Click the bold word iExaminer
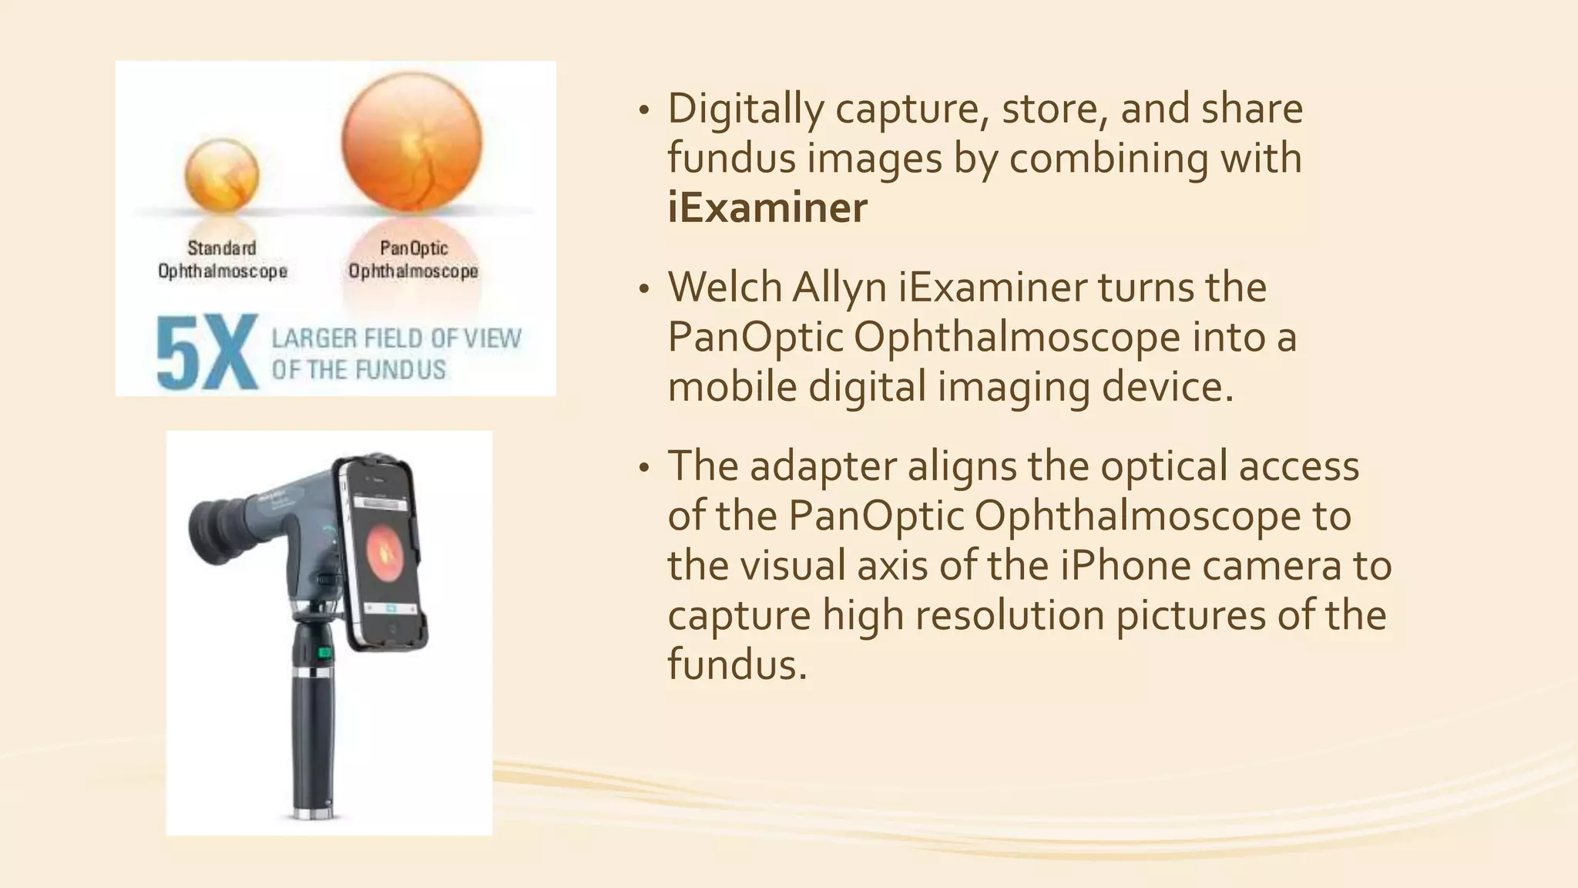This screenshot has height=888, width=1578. tap(767, 207)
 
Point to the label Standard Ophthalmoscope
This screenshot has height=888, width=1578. tap(222, 260)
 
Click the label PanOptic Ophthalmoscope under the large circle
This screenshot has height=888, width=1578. tap(413, 260)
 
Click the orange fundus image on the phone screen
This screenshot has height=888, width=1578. tap(384, 550)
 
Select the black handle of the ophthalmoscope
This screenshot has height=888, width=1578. tap(312, 740)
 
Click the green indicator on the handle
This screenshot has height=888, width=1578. tap(324, 654)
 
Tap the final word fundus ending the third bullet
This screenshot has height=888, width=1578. tap(736, 664)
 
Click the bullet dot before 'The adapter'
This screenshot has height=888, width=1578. tap(644, 469)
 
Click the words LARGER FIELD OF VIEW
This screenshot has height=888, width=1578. tap(396, 338)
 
